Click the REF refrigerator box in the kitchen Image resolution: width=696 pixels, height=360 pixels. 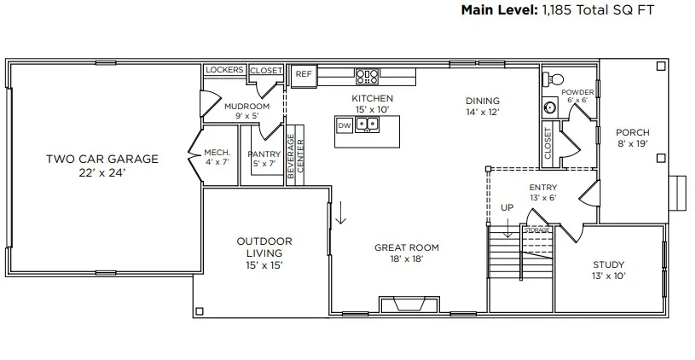[304, 74]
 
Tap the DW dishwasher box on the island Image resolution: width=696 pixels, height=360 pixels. [345, 125]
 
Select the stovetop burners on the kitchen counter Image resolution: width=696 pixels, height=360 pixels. [367, 76]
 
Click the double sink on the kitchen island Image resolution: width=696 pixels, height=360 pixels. [367, 124]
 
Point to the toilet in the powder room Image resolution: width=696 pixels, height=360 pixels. [554, 79]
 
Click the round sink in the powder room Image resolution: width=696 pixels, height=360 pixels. [550, 107]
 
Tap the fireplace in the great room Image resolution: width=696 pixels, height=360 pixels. [409, 304]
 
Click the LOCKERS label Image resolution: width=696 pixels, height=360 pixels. [224, 70]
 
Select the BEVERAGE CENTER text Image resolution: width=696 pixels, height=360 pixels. [295, 156]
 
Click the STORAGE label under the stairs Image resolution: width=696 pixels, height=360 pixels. [537, 230]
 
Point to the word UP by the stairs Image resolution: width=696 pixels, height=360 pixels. [507, 207]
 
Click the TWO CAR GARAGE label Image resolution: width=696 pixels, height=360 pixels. [102, 159]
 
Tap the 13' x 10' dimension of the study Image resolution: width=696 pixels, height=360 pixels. [608, 276]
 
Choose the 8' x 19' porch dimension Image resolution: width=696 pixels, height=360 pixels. [633, 143]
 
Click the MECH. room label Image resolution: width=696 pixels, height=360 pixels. [217, 152]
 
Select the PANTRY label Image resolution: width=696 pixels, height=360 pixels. [264, 154]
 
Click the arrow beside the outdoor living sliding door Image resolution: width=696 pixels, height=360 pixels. [340, 212]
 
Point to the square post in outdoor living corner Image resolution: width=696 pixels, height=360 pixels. [200, 311]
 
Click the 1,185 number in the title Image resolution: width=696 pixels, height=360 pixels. [557, 10]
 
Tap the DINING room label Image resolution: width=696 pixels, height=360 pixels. [483, 101]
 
